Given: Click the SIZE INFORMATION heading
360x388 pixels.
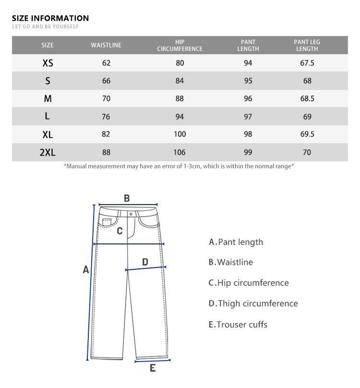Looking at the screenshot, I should pyautogui.click(x=50, y=18).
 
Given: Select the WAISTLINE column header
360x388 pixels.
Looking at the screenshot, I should pyautogui.click(x=106, y=45).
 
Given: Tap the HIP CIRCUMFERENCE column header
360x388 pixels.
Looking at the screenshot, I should pyautogui.click(x=180, y=45).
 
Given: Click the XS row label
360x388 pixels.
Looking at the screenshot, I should pyautogui.click(x=48, y=63).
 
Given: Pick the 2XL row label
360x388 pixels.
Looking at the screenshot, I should pyautogui.click(x=48, y=153).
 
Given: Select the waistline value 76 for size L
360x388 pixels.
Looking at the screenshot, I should pyautogui.click(x=106, y=117).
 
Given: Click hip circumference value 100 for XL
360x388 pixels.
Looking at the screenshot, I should pyautogui.click(x=180, y=134).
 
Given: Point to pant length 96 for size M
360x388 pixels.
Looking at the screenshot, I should pyautogui.click(x=248, y=99).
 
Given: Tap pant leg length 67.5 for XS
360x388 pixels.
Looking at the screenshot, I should pyautogui.click(x=307, y=63).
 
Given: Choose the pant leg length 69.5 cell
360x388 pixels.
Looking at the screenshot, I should pyautogui.click(x=307, y=134).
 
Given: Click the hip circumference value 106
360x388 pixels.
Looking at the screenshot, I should pyautogui.click(x=180, y=153).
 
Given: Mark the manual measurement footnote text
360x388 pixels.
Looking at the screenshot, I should pyautogui.click(x=179, y=166).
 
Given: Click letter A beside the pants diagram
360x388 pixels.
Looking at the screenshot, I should pyautogui.click(x=86, y=270).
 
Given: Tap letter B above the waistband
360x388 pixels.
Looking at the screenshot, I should pyautogui.click(x=127, y=198).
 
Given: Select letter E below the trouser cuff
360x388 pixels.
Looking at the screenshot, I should pyautogui.click(x=153, y=368).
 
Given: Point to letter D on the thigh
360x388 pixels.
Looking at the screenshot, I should pyautogui.click(x=145, y=262).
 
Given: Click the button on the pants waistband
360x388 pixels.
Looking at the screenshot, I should pyautogui.click(x=131, y=214).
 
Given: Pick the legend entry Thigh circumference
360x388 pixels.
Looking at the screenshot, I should pyautogui.click(x=253, y=303).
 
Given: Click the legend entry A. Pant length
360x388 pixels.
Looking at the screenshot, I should pyautogui.click(x=236, y=242).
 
